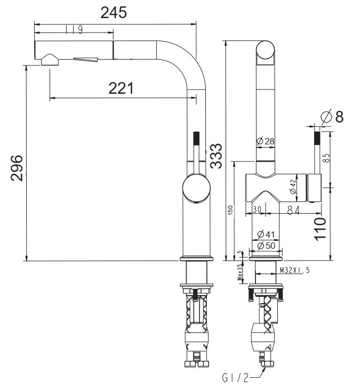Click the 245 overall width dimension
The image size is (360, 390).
click(114, 12)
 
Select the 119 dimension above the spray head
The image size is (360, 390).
click(74, 30)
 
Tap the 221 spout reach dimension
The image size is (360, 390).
click(121, 88)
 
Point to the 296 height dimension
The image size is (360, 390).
click(17, 168)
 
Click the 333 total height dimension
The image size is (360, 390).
click(215, 156)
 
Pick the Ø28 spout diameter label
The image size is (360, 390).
click(266, 141)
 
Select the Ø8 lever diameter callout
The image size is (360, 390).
click(332, 116)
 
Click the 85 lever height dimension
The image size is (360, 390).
click(326, 158)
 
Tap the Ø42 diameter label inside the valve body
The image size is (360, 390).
click(293, 186)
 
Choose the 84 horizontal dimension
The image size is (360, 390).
click(293, 210)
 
